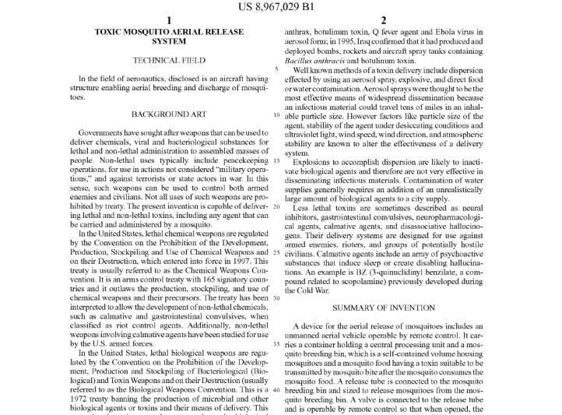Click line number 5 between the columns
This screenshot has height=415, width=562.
(278, 69)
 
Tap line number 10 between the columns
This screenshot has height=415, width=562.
(277, 114)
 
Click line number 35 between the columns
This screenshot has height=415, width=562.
(277, 343)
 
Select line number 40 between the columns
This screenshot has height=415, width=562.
(277, 389)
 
